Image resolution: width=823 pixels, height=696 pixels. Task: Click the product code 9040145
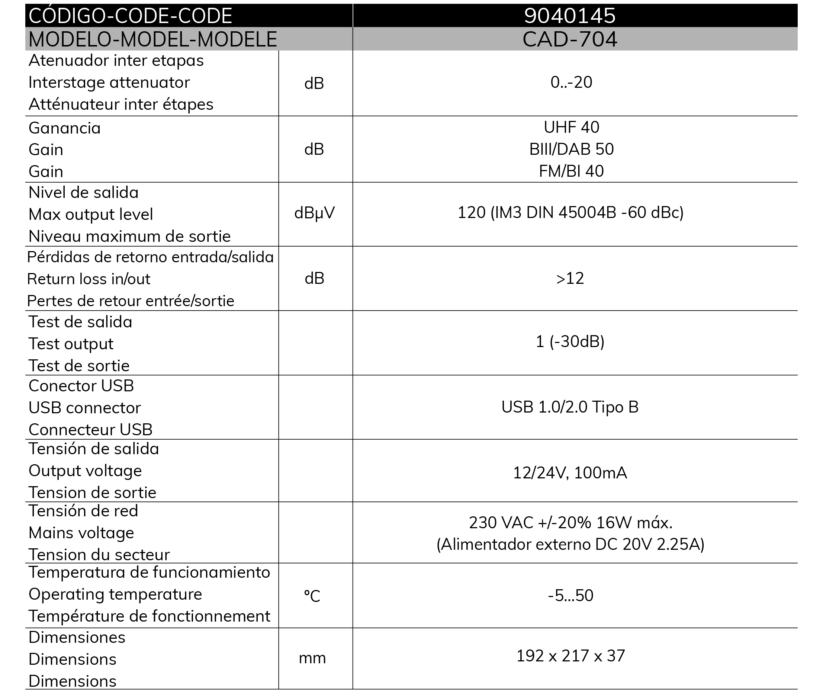coord(569,16)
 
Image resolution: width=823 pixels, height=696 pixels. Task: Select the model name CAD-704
coord(569,39)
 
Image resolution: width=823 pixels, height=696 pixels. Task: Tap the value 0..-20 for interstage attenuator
coord(571,83)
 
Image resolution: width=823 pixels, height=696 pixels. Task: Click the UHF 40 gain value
coord(571,128)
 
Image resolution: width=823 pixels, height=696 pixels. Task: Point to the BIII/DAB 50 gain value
coord(571,149)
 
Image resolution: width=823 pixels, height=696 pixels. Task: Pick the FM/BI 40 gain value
coord(571,171)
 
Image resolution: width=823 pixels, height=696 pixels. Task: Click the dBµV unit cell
coord(314,213)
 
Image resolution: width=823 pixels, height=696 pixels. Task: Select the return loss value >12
coord(570,279)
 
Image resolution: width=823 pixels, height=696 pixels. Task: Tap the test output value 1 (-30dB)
coord(570,342)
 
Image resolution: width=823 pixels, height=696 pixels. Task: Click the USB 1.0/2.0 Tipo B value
coord(570,407)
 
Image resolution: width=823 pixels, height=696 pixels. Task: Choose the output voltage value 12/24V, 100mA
coord(570,473)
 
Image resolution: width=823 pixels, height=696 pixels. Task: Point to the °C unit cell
coord(312,596)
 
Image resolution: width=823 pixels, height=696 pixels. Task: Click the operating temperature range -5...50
coord(570,596)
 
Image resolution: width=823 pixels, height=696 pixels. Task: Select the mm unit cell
coord(312,658)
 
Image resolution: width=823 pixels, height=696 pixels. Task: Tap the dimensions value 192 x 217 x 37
coord(570,656)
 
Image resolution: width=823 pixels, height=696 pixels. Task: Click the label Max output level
coord(91,215)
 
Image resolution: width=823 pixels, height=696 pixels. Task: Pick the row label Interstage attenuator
coord(109,83)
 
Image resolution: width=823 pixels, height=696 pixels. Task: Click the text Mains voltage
coord(81,533)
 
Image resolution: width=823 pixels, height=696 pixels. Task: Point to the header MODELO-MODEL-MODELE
coord(153,39)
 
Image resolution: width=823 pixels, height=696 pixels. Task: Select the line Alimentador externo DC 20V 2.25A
coord(570,545)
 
